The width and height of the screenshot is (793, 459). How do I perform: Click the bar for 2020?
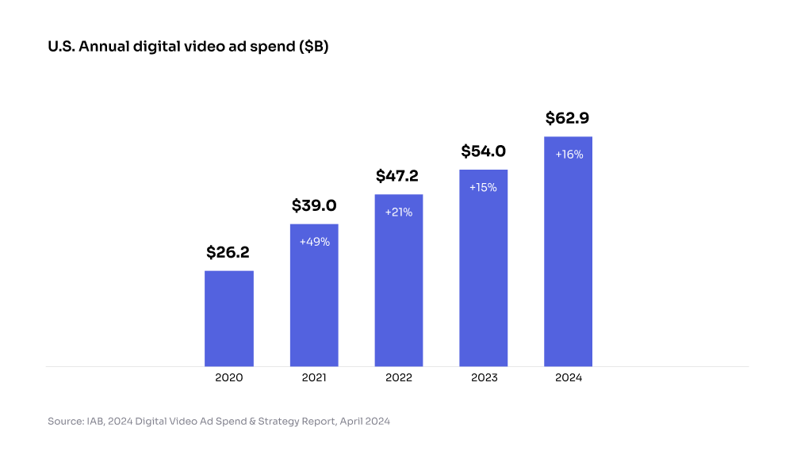(x=229, y=318)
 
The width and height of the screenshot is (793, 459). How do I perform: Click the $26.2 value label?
(x=228, y=253)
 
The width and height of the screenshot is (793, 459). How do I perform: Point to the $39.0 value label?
(x=314, y=206)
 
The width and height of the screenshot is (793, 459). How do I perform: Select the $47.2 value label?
(x=397, y=176)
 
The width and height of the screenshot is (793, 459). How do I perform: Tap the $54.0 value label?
(x=484, y=151)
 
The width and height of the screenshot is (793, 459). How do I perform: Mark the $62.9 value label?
(x=568, y=119)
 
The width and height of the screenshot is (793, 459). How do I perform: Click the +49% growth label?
(x=314, y=242)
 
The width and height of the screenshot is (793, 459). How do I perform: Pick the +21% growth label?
(x=399, y=212)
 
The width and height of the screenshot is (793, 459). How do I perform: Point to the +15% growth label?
(x=484, y=188)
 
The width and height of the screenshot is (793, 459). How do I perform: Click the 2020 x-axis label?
(x=229, y=378)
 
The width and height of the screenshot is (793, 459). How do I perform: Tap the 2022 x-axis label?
(x=399, y=378)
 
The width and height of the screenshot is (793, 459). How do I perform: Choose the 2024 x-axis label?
(x=569, y=378)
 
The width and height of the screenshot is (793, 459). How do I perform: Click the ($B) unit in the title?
(x=312, y=48)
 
